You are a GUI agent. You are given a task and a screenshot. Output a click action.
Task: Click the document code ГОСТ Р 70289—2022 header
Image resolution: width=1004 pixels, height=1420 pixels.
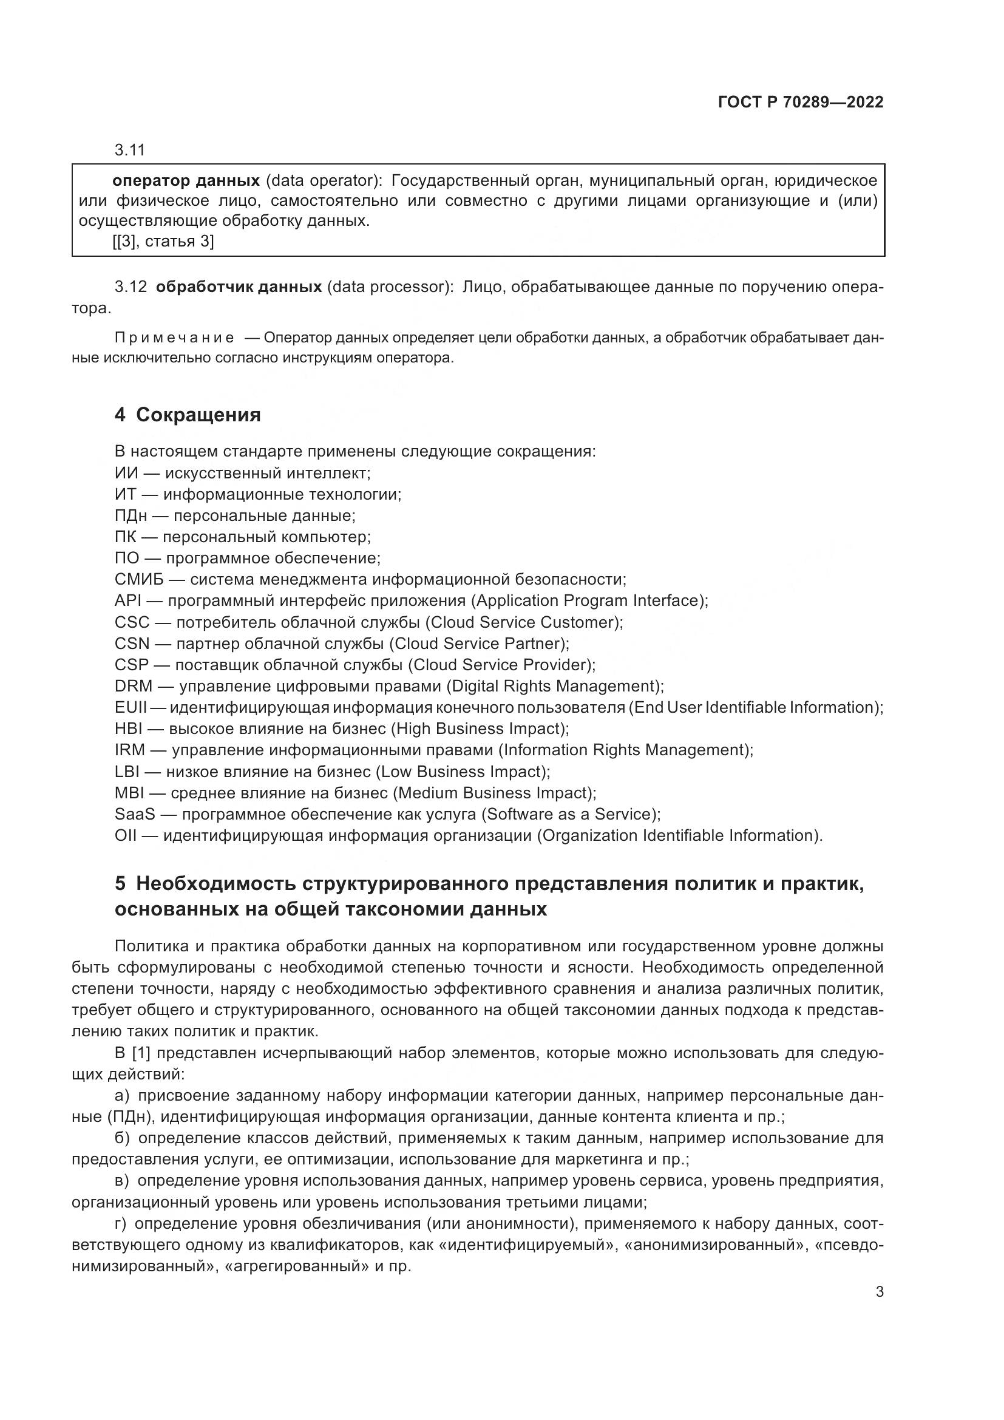801,102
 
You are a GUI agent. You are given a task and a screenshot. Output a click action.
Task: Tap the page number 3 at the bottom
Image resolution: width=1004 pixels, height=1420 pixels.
879,1292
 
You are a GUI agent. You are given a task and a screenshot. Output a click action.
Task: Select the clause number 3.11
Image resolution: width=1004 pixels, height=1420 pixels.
129,151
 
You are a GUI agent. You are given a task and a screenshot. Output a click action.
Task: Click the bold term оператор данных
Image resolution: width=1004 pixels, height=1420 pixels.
186,180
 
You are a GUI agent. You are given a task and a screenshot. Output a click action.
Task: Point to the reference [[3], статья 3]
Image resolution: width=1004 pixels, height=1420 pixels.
163,241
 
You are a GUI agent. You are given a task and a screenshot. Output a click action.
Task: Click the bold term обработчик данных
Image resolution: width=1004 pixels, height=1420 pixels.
239,287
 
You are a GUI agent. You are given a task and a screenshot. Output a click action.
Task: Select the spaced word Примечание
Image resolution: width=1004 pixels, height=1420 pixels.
174,338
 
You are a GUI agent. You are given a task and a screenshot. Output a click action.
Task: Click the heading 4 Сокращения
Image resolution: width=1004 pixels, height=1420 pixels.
188,415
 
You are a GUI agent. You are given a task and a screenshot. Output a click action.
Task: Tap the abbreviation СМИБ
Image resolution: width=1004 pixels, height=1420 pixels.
139,580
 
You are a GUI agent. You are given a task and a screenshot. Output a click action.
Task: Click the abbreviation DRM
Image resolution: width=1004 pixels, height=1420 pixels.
133,686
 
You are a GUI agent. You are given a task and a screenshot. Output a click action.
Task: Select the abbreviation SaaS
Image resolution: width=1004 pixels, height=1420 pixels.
135,814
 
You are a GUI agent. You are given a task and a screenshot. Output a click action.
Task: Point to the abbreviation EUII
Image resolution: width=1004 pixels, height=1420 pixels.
131,707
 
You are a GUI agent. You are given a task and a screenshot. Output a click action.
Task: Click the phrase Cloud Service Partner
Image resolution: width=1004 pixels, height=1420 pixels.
478,643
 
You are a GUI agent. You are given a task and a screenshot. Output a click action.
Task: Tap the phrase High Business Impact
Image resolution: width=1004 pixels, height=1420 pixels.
479,729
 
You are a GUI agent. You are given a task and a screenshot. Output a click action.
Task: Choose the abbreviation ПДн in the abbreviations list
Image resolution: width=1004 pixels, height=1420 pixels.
131,516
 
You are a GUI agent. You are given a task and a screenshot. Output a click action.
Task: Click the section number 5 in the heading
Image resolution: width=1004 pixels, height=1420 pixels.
120,884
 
